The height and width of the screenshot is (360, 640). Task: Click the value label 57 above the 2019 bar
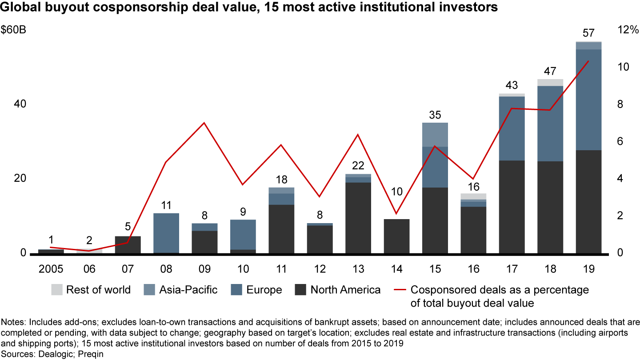[x=588, y=33]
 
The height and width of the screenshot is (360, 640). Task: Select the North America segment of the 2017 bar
[x=512, y=207]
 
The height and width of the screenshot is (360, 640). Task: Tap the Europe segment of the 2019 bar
[x=588, y=100]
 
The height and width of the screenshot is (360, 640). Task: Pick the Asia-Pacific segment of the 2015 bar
[x=435, y=134]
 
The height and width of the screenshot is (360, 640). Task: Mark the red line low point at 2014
[x=396, y=214]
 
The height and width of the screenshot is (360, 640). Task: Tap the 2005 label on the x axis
[x=51, y=269]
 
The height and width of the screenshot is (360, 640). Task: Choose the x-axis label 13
[x=358, y=269]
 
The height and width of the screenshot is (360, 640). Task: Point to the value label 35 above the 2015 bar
[x=435, y=115]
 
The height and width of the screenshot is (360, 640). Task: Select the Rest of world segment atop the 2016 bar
[x=473, y=196]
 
